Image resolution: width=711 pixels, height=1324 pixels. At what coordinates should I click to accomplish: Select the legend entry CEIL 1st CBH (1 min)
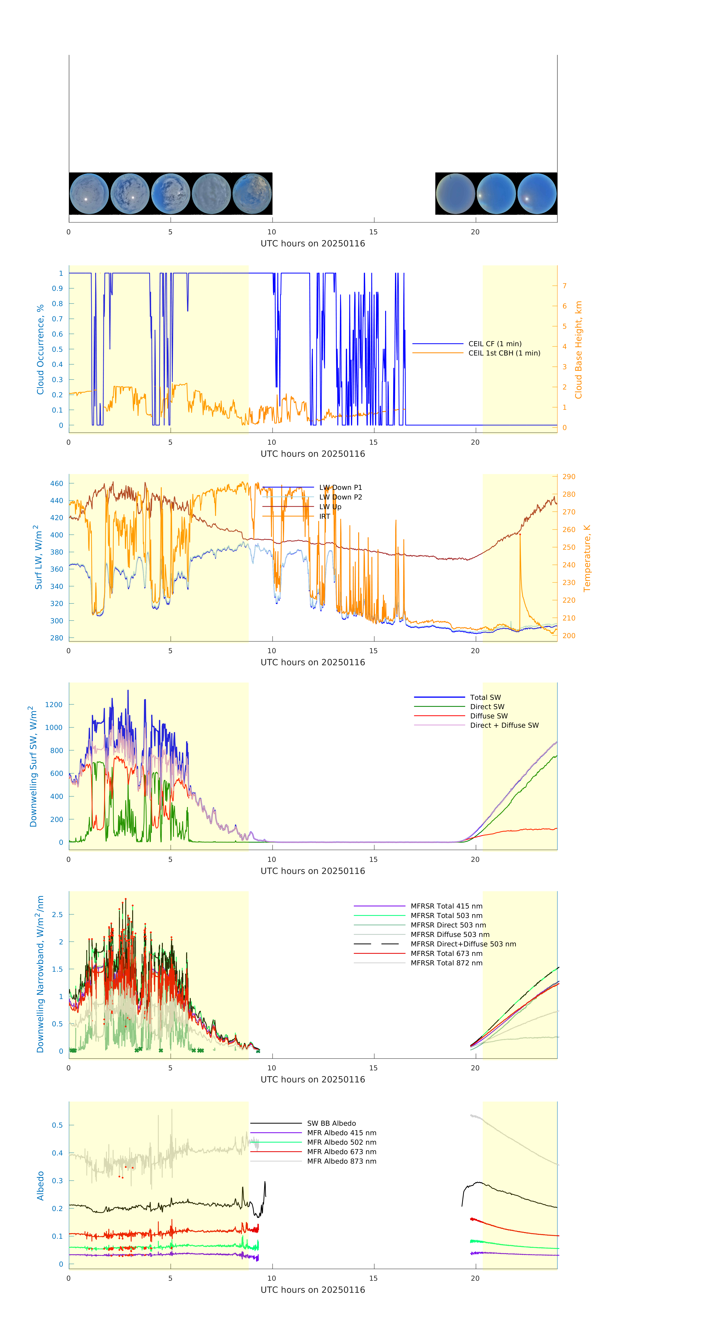tap(504, 353)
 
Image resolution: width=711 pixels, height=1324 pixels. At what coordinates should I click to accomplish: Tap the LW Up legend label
tap(330, 507)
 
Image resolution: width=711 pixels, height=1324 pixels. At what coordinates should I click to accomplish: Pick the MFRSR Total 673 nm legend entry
tap(446, 953)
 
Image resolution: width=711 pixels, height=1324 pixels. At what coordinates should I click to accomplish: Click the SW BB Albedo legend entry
tap(331, 1123)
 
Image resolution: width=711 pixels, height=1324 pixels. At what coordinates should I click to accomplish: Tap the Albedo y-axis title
tap(40, 1186)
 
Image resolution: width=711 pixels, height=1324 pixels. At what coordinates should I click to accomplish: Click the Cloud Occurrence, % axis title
tap(40, 350)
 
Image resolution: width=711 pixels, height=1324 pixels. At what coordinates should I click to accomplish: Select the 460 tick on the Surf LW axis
tap(57, 484)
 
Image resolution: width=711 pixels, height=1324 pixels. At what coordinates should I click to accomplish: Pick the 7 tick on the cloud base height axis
tap(565, 286)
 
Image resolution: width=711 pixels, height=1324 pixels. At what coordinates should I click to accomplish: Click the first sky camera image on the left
tap(89, 194)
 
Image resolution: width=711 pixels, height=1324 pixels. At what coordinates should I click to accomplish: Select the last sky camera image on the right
tap(537, 194)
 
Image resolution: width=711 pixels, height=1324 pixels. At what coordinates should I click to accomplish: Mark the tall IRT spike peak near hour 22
tap(520, 535)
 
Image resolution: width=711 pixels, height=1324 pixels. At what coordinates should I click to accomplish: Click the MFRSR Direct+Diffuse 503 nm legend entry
tap(463, 944)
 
